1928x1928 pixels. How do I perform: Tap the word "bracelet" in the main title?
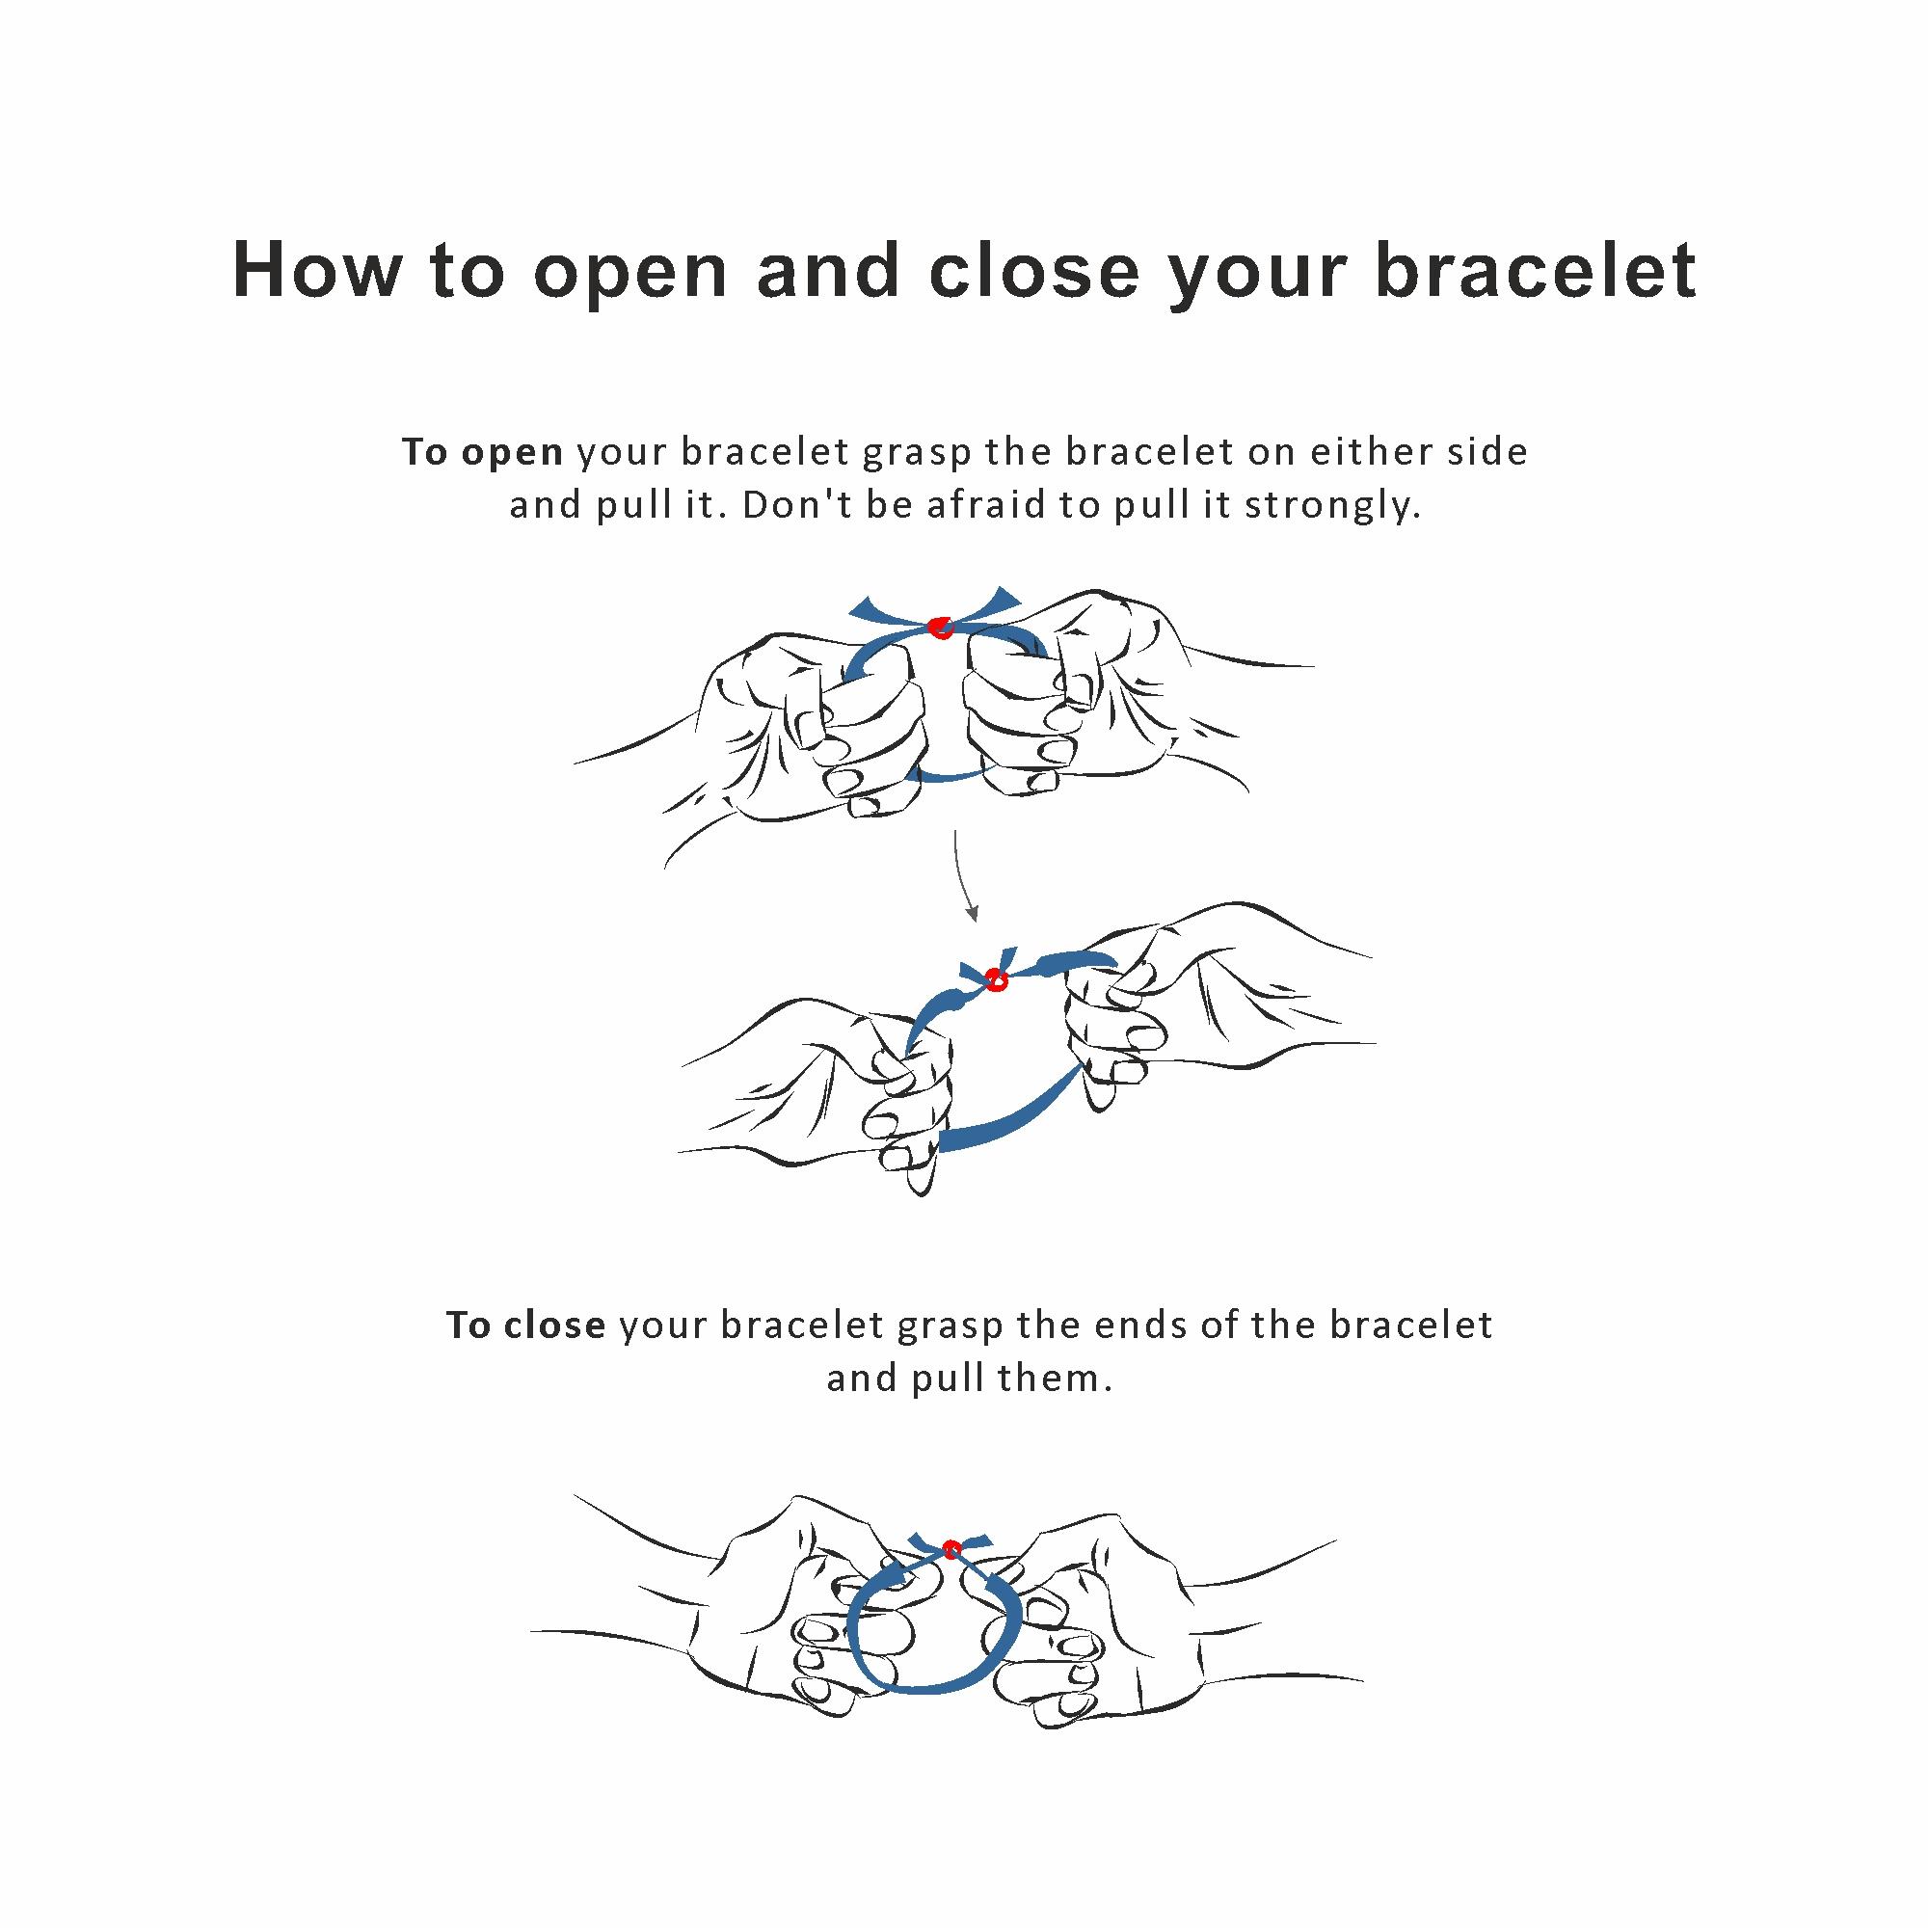(x=1536, y=270)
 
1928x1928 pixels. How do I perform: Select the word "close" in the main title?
(x=1033, y=270)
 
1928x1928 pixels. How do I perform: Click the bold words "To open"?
(x=483, y=453)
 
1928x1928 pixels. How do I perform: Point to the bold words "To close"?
(x=526, y=1326)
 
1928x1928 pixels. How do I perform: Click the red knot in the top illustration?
(x=939, y=628)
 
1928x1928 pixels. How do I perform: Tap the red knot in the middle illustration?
(x=995, y=979)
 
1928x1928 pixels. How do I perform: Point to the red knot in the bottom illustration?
(x=951, y=1549)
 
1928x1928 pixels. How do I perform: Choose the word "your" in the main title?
(x=1257, y=275)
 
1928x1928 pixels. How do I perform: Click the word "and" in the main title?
(x=828, y=270)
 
